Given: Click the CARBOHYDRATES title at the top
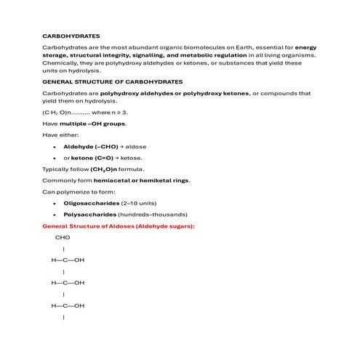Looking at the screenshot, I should point(71,35).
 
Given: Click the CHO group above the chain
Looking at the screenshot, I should point(63,237).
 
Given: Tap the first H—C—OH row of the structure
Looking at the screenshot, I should point(68,260).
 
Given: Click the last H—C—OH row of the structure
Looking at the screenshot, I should point(68,305).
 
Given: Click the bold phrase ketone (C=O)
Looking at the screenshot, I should point(92,157).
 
